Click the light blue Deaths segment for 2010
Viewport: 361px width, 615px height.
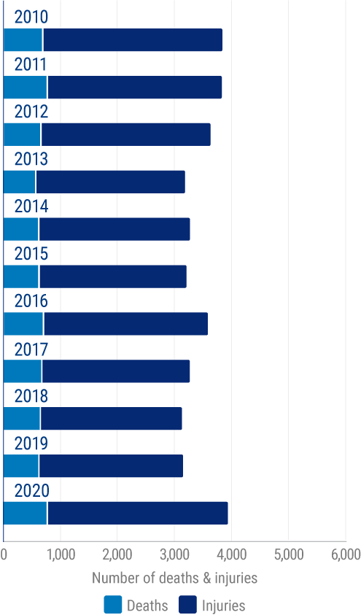pos(23,40)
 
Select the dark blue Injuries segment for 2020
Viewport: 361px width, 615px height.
pos(138,513)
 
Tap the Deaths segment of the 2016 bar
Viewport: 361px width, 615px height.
pos(23,324)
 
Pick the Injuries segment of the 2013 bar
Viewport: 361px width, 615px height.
pos(109,182)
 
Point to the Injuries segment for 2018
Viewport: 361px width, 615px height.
pos(111,419)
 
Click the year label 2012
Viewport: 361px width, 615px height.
pos(31,112)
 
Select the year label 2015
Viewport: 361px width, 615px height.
pos(31,254)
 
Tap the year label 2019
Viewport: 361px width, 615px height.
pos(31,444)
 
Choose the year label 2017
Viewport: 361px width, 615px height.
pos(31,349)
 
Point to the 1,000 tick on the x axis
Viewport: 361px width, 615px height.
pos(61,555)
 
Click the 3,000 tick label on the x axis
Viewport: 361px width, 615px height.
pos(174,555)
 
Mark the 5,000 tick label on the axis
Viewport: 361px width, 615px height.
pos(288,555)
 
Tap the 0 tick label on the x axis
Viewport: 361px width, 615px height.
pos(4,555)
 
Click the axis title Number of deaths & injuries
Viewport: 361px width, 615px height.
pos(174,579)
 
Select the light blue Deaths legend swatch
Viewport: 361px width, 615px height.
pos(112,605)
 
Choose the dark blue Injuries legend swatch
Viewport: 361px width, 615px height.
pos(188,605)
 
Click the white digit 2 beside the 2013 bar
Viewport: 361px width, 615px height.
pos(187,182)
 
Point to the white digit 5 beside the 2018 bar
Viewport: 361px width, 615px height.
pos(185,419)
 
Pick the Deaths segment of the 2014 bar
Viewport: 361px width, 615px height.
pos(21,229)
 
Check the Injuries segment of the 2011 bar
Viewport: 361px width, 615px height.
pos(134,88)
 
